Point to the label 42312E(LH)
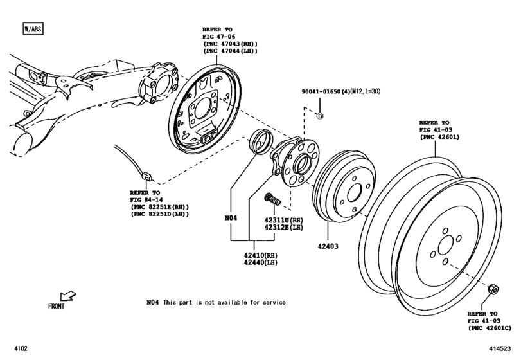pyautogui.click(x=283, y=228)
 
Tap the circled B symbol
pyautogui.click(x=321, y=115)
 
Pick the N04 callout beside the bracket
pyautogui.click(x=231, y=219)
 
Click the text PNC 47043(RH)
pyautogui.click(x=228, y=44)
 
